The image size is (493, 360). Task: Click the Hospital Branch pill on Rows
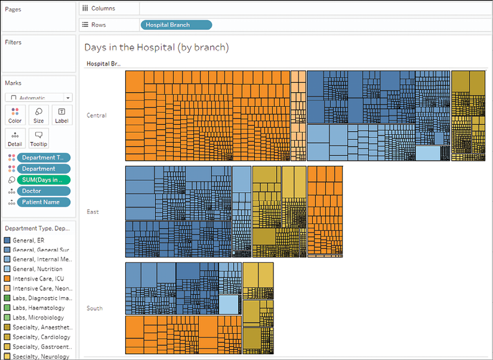click(x=175, y=25)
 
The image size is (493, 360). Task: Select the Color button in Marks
click(x=15, y=115)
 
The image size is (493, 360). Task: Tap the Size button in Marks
click(x=39, y=115)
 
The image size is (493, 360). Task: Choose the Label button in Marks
click(x=62, y=115)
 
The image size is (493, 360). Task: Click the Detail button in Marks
click(x=15, y=138)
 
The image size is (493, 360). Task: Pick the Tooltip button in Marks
click(x=39, y=138)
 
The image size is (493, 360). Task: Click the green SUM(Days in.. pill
click(x=44, y=180)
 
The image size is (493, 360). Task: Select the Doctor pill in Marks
click(x=44, y=191)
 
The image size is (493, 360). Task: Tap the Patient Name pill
click(x=44, y=202)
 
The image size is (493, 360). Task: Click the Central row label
click(x=97, y=116)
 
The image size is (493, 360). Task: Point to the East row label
click(x=93, y=212)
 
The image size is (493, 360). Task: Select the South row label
click(x=94, y=308)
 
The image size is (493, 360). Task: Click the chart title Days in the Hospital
click(x=157, y=48)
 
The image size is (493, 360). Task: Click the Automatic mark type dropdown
click(x=39, y=97)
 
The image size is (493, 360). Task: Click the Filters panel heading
click(x=13, y=42)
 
